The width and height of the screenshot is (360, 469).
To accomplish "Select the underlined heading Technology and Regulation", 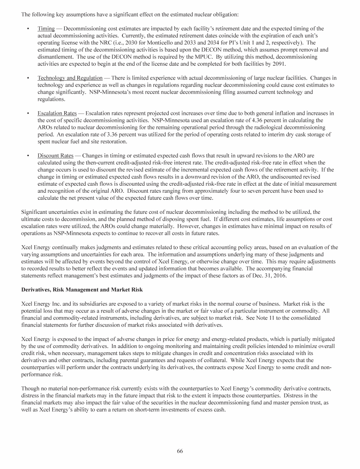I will [70, 78].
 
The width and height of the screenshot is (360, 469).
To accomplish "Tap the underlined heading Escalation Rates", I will [57, 113].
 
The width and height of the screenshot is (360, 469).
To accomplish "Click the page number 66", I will [180, 451].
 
